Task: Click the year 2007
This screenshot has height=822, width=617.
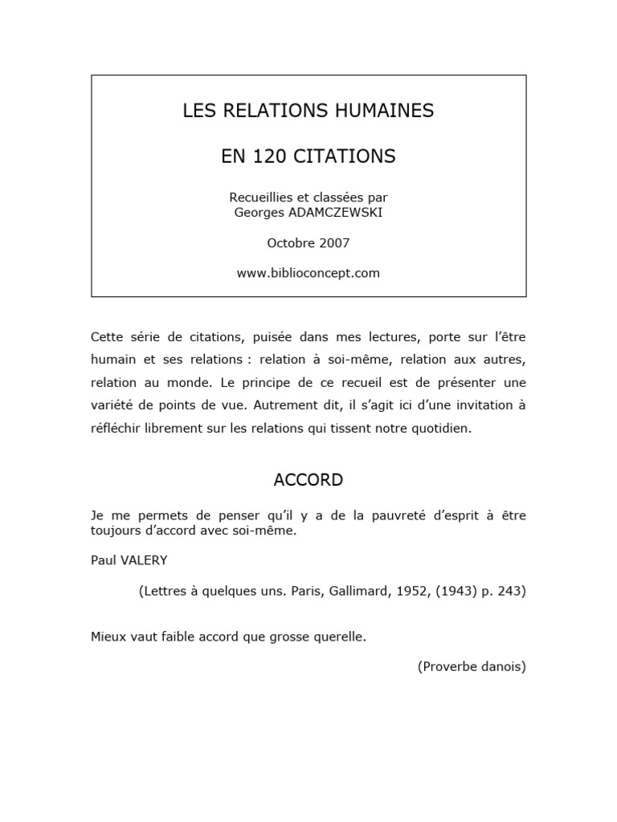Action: [x=334, y=242]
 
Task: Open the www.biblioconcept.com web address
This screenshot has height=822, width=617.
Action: [x=308, y=273]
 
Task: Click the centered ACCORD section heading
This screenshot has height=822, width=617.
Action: [x=308, y=480]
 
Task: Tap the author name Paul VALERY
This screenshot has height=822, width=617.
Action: [x=129, y=560]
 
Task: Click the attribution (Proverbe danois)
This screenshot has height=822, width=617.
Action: [x=472, y=666]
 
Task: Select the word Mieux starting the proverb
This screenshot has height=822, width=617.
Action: [x=108, y=637]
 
